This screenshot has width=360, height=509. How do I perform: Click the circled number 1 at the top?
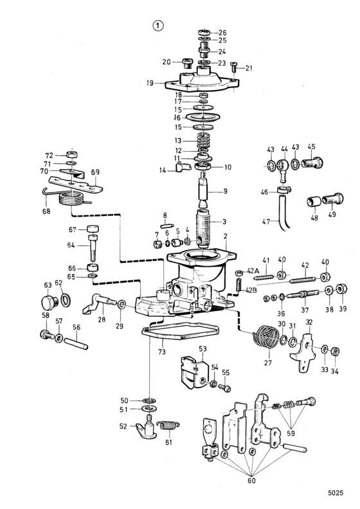click(158, 26)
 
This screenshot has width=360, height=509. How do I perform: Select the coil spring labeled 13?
click(204, 140)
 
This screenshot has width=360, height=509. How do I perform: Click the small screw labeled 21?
click(234, 67)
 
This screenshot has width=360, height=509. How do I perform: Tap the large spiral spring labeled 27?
click(266, 337)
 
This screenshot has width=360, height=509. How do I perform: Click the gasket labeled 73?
click(181, 331)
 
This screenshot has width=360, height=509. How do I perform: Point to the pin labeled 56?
click(76, 344)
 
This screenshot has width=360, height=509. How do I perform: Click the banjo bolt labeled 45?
click(312, 163)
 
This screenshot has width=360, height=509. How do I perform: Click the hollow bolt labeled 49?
click(332, 199)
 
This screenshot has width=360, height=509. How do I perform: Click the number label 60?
click(251, 481)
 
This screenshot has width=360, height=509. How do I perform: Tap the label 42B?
click(251, 290)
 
